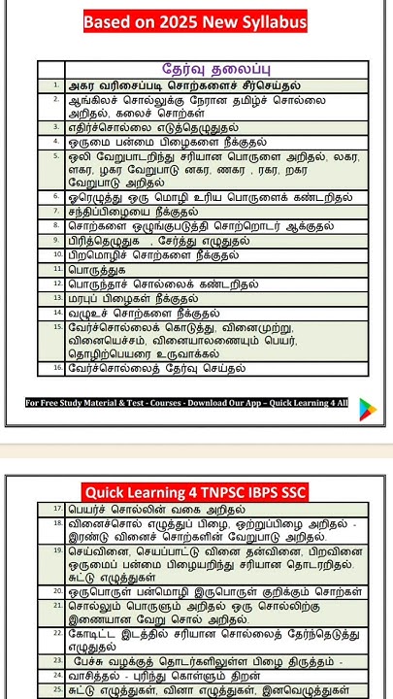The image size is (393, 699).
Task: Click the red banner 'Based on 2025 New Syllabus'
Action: pos(195,22)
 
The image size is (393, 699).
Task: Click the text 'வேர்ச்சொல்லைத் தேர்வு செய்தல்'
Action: pos(156,368)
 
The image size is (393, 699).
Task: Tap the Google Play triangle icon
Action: pos(367,409)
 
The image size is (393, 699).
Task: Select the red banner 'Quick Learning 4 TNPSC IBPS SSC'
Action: pos(195,492)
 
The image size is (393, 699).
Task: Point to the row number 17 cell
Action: pos(56,509)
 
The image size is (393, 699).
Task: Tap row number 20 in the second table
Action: pos(56,590)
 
